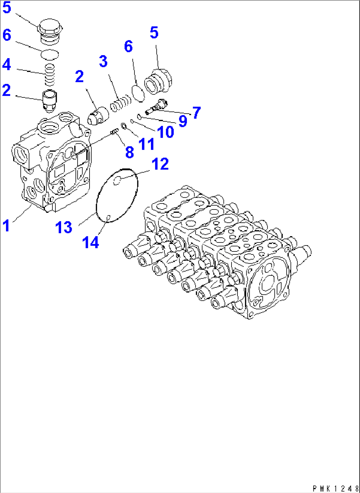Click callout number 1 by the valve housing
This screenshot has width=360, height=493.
(6, 226)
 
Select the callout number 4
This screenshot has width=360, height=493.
(7, 64)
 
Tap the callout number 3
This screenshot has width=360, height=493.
(103, 62)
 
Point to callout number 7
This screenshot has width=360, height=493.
(197, 113)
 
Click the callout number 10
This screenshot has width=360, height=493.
(165, 132)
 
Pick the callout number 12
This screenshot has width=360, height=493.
(160, 164)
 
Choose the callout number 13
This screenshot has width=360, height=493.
(63, 228)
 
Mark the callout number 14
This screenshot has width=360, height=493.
(90, 243)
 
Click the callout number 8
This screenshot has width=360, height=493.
(129, 152)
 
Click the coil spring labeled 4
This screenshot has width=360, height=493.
(50, 74)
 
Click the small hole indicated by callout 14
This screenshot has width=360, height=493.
(108, 217)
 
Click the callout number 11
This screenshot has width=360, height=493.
(146, 144)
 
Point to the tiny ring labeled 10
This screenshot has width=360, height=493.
(132, 121)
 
